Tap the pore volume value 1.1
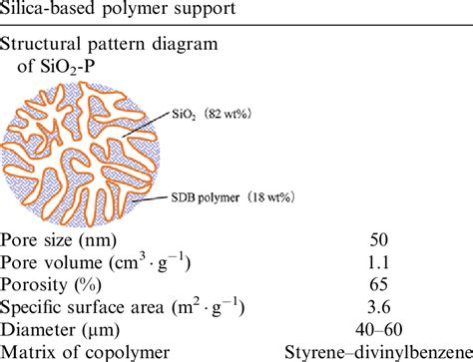(x=380, y=264)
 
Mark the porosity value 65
(x=380, y=286)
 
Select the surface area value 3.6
(x=380, y=308)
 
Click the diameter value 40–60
(x=380, y=330)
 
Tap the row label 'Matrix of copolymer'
(x=81, y=352)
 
